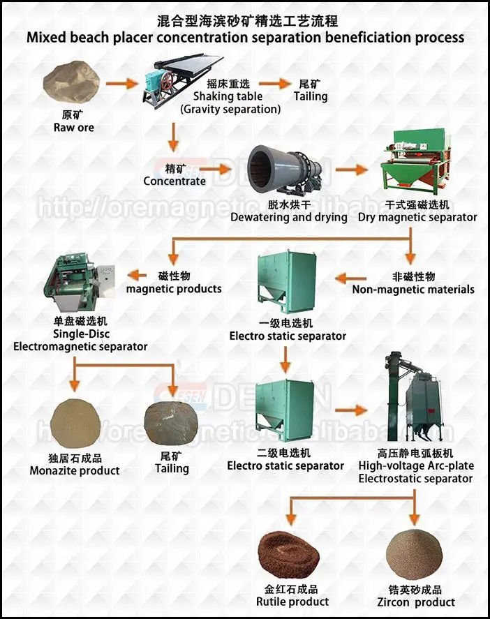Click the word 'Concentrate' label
[175, 181]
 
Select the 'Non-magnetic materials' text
[413, 289]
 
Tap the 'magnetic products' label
[174, 288]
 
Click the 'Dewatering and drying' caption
[289, 217]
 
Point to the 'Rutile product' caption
[292, 602]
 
